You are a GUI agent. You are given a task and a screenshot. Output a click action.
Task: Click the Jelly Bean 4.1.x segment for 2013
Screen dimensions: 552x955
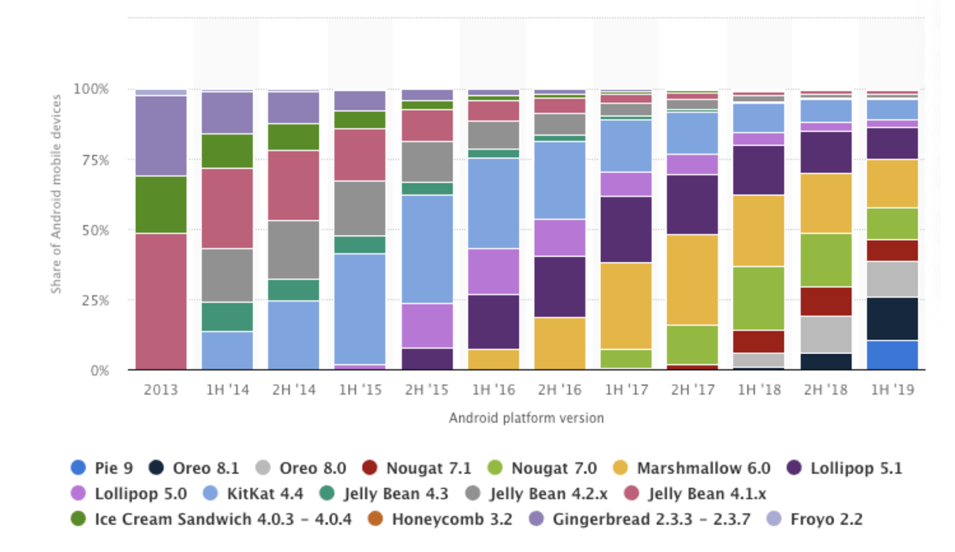pos(161,301)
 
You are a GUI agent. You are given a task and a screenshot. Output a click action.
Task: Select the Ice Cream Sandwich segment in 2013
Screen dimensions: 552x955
pos(161,204)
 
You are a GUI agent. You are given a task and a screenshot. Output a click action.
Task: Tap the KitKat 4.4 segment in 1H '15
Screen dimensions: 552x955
pos(359,309)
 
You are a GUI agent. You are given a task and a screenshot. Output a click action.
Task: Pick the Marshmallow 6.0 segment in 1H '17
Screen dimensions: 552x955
pos(626,306)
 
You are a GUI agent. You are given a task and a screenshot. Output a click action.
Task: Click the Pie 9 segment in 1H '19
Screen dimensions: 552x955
pos(892,355)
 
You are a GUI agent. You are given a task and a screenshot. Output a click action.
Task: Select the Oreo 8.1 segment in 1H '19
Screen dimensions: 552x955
pos(892,318)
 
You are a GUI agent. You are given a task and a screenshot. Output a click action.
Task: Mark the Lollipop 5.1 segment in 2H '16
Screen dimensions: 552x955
pos(559,287)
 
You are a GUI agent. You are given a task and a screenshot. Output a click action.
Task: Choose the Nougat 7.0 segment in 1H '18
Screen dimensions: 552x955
pos(759,298)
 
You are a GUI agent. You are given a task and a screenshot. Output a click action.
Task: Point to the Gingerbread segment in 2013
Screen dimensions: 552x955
pos(161,136)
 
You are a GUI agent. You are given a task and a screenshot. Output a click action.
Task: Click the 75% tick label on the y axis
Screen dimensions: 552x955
pos(95,160)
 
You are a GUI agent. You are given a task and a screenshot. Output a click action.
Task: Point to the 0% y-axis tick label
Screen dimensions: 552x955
pos(99,371)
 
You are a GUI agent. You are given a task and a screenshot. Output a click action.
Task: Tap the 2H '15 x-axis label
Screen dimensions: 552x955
pos(426,390)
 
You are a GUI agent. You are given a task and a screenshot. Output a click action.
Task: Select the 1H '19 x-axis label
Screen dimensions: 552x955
pos(892,390)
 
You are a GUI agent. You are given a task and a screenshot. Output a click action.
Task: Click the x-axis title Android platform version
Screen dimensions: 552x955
pos(526,418)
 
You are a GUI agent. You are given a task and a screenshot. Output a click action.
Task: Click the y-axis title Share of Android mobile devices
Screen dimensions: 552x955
pos(56,194)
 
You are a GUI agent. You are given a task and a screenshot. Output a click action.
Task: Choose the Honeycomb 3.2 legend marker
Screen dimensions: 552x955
pos(375,519)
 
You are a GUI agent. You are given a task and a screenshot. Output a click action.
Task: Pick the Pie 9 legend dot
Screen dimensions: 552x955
pos(78,467)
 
